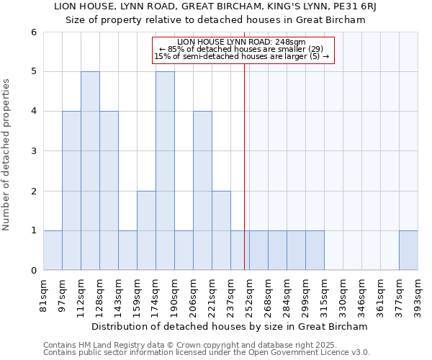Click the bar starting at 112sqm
click(90, 171)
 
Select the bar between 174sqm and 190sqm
click(165, 171)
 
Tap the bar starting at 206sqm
click(202, 191)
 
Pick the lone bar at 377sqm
click(408, 251)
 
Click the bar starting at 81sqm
click(53, 251)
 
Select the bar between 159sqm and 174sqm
click(146, 230)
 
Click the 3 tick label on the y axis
click(33, 151)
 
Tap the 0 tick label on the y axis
click(33, 271)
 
